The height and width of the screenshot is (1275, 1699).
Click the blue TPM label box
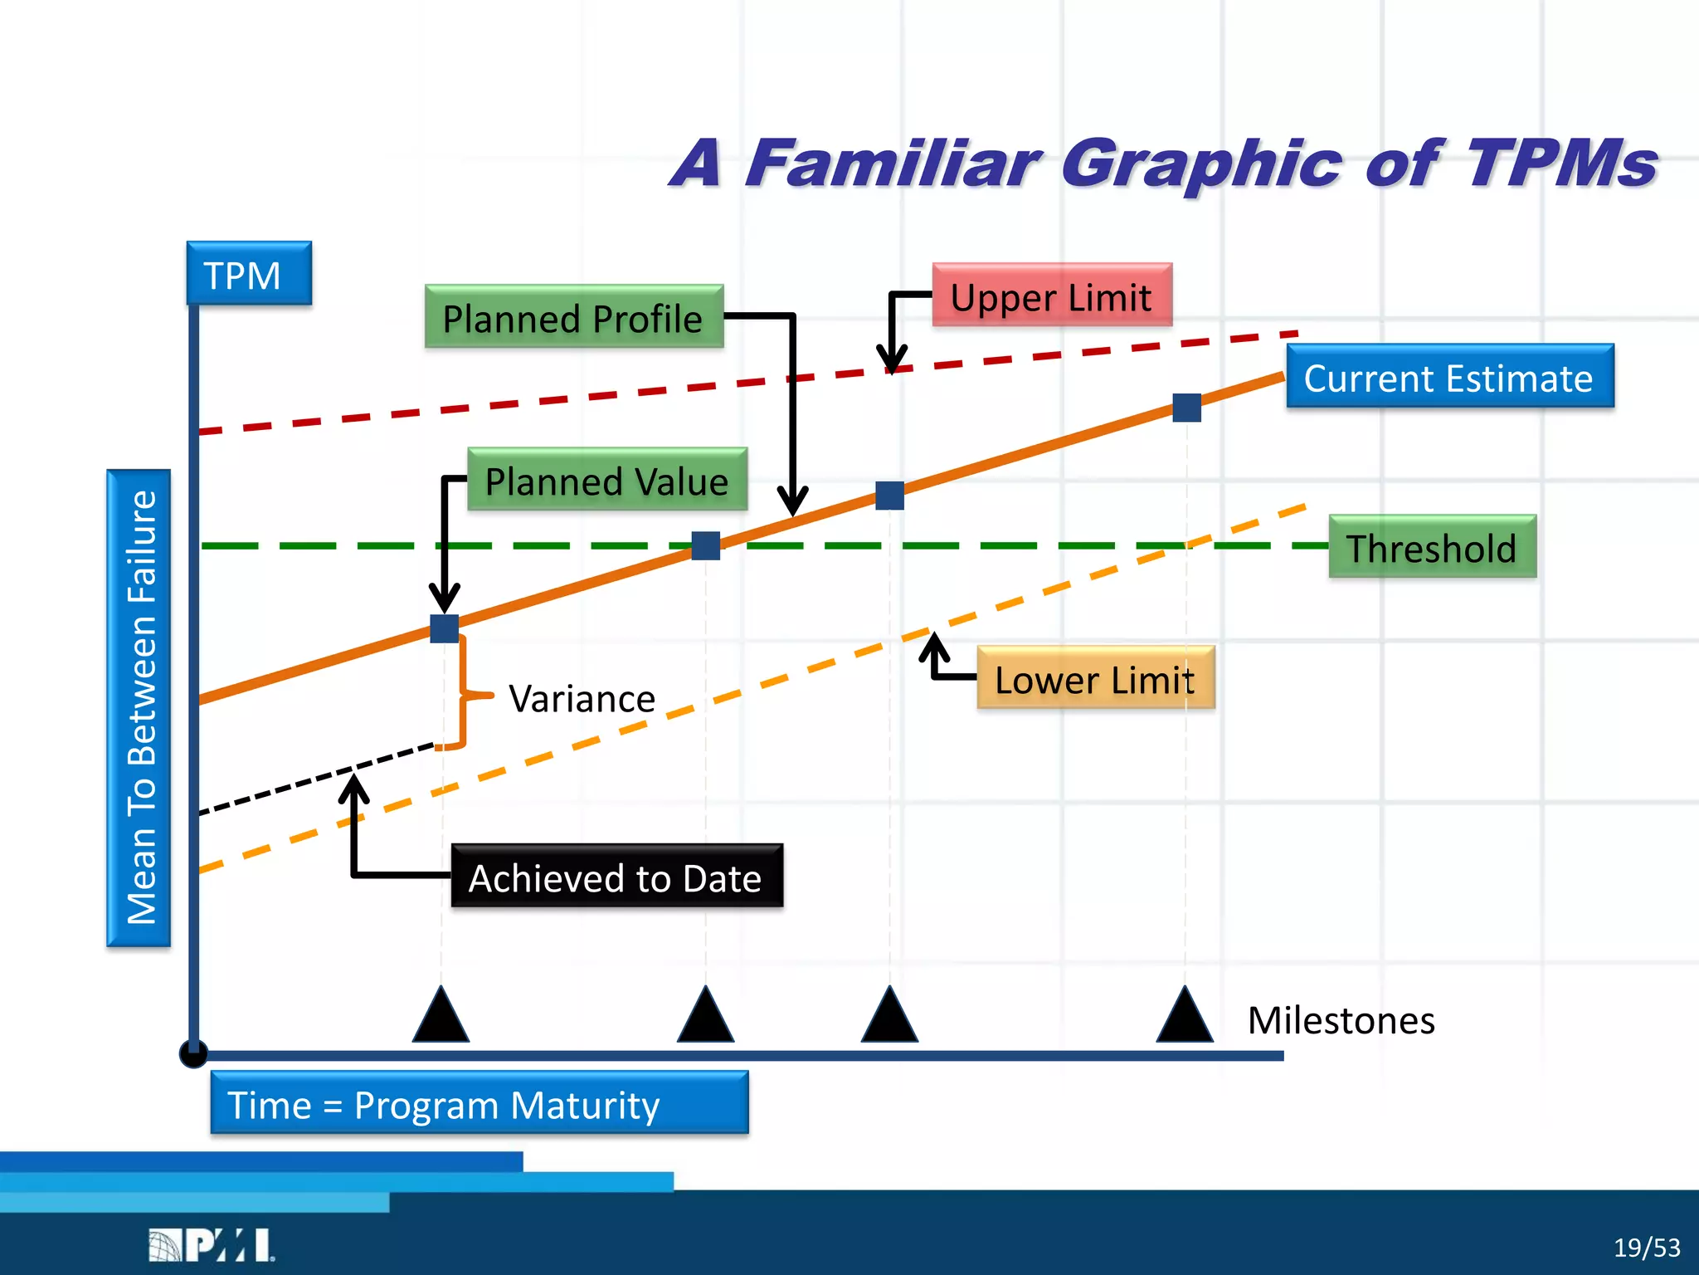click(249, 274)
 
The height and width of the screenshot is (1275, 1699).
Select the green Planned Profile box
click(573, 317)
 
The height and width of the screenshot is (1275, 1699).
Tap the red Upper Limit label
click(1051, 296)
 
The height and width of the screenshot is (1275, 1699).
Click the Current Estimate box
click(1449, 377)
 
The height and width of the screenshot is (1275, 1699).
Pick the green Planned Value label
click(606, 480)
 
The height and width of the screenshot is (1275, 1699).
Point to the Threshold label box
click(1432, 547)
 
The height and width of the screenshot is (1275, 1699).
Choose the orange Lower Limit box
click(1095, 678)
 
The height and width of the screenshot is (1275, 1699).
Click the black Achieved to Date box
click(616, 877)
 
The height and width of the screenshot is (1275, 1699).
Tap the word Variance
click(582, 698)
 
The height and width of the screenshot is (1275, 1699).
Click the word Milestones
click(1341, 1019)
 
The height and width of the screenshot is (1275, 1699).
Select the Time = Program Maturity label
click(479, 1103)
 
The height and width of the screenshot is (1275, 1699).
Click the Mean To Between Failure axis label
click(139, 707)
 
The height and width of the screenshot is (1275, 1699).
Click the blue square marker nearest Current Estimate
click(1186, 408)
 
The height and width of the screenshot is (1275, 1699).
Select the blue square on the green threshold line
click(705, 545)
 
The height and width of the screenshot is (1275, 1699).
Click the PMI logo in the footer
click(211, 1245)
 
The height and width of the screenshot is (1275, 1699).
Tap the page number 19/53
click(1646, 1248)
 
